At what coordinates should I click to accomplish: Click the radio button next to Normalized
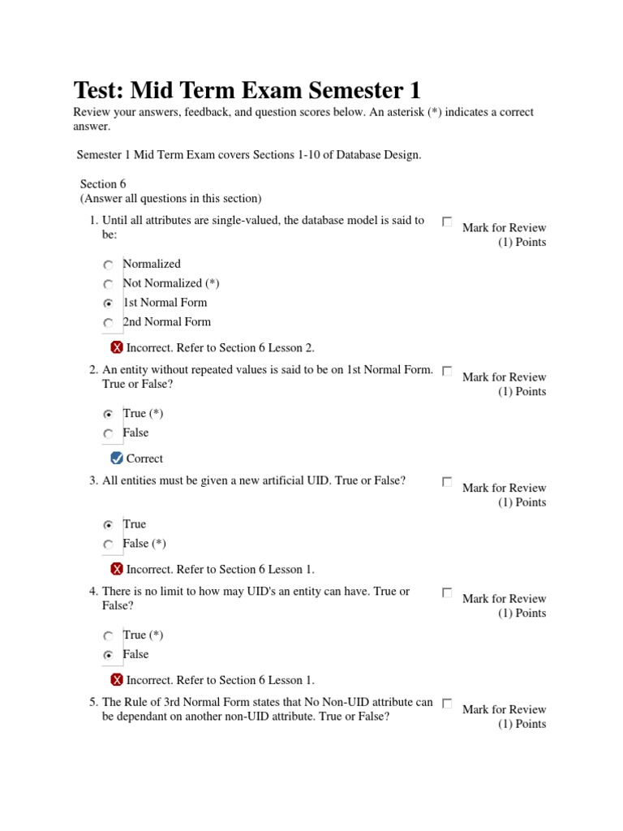109,265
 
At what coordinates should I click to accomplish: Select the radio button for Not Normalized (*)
109,285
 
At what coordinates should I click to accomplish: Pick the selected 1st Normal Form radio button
109,304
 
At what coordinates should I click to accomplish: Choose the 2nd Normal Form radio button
109,323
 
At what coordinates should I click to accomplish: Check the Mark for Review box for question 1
447,222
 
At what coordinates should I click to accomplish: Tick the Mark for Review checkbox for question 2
447,371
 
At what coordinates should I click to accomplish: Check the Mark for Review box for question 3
447,482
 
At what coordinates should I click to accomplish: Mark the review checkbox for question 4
447,593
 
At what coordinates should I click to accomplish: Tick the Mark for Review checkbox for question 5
447,704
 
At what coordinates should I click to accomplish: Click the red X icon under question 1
117,347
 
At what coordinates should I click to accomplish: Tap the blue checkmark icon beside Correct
117,459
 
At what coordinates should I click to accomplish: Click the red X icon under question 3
117,569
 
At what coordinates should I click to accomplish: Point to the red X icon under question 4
117,680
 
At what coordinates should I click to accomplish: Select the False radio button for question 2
109,434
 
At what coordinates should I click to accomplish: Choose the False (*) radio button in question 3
109,545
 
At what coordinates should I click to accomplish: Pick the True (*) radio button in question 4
109,636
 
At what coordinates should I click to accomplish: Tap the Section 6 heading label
103,184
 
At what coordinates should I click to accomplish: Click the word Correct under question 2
144,459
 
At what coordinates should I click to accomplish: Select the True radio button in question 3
109,525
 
